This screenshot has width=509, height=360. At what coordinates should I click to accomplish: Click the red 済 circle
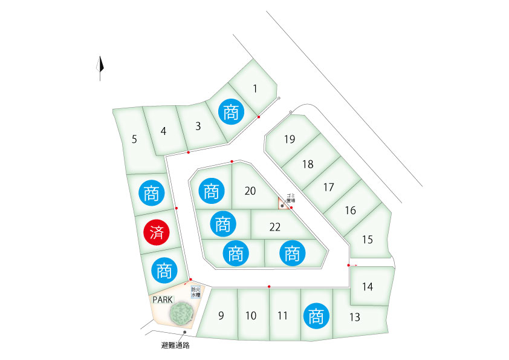tap(156, 232)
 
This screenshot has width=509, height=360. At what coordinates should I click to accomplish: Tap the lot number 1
tap(255, 89)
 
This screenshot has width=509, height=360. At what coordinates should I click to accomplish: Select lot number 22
tap(275, 227)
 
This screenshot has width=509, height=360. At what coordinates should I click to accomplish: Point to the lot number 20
tap(250, 191)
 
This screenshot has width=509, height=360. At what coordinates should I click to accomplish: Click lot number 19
tap(290, 140)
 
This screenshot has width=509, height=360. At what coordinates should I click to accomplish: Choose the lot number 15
tap(367, 239)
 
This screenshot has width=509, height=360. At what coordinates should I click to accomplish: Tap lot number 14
tap(368, 287)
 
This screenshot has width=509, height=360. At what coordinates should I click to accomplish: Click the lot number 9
tap(221, 315)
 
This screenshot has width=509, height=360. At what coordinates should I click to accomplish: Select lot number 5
tap(134, 139)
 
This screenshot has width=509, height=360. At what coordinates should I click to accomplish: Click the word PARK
tap(163, 299)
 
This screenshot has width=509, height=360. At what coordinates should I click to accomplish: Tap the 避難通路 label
tap(180, 346)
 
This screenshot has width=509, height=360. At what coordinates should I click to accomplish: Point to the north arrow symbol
tap(101, 68)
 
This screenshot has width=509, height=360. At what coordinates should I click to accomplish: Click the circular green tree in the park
tap(180, 313)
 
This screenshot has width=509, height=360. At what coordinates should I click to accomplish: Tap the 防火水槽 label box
tap(195, 293)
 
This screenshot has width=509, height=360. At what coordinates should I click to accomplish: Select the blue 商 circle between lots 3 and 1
tap(231, 113)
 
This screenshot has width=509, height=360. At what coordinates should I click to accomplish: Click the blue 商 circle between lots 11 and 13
tap(315, 316)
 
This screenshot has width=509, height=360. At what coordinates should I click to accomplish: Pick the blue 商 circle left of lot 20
tap(210, 192)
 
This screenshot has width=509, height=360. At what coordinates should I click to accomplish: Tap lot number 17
tap(328, 187)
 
